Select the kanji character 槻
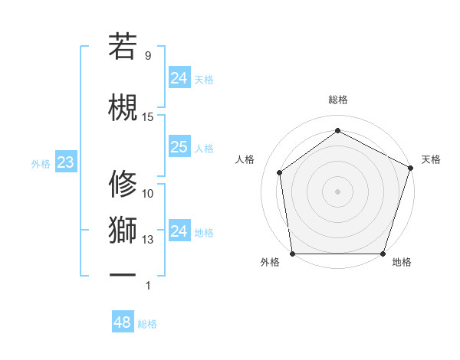123,107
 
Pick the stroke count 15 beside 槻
148,117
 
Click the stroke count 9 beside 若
148,56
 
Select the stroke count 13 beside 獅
148,240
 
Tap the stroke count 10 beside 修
148,194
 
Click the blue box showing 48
122,322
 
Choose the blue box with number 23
65,162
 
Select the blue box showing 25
179,147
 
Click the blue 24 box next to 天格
179,78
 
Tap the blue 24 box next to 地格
179,231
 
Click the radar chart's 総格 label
337,100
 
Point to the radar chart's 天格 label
431,159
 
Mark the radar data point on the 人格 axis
280,172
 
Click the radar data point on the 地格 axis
383,254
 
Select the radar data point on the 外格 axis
292,254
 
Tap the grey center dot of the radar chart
337,191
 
